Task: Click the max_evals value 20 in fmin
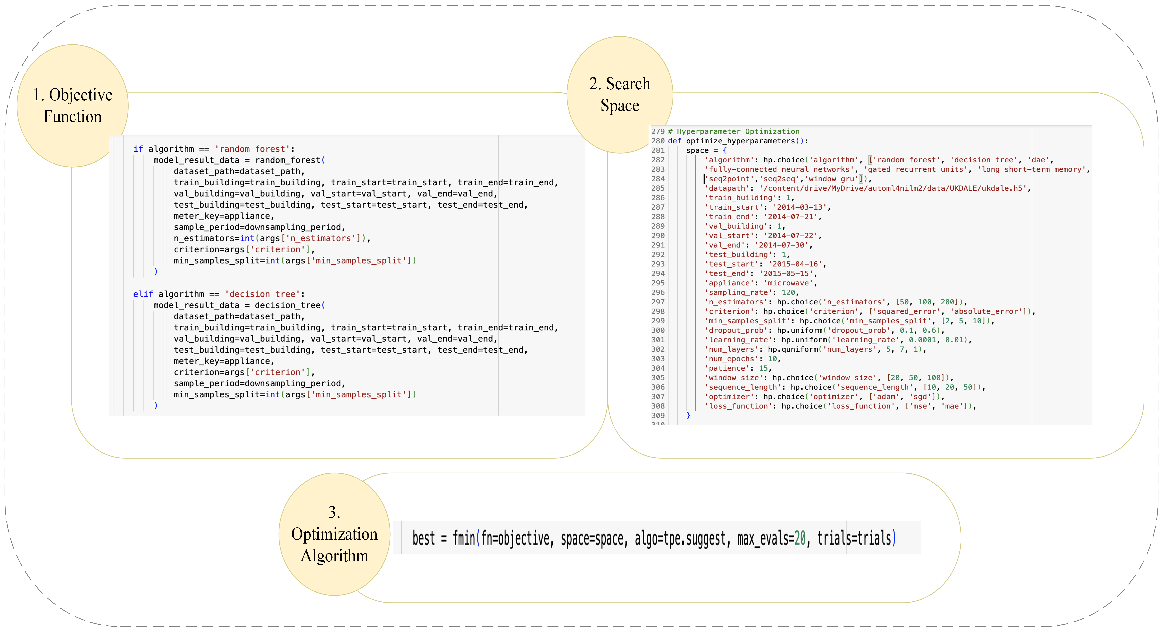point(800,538)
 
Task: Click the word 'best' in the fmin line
point(423,538)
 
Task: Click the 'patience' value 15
point(763,368)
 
